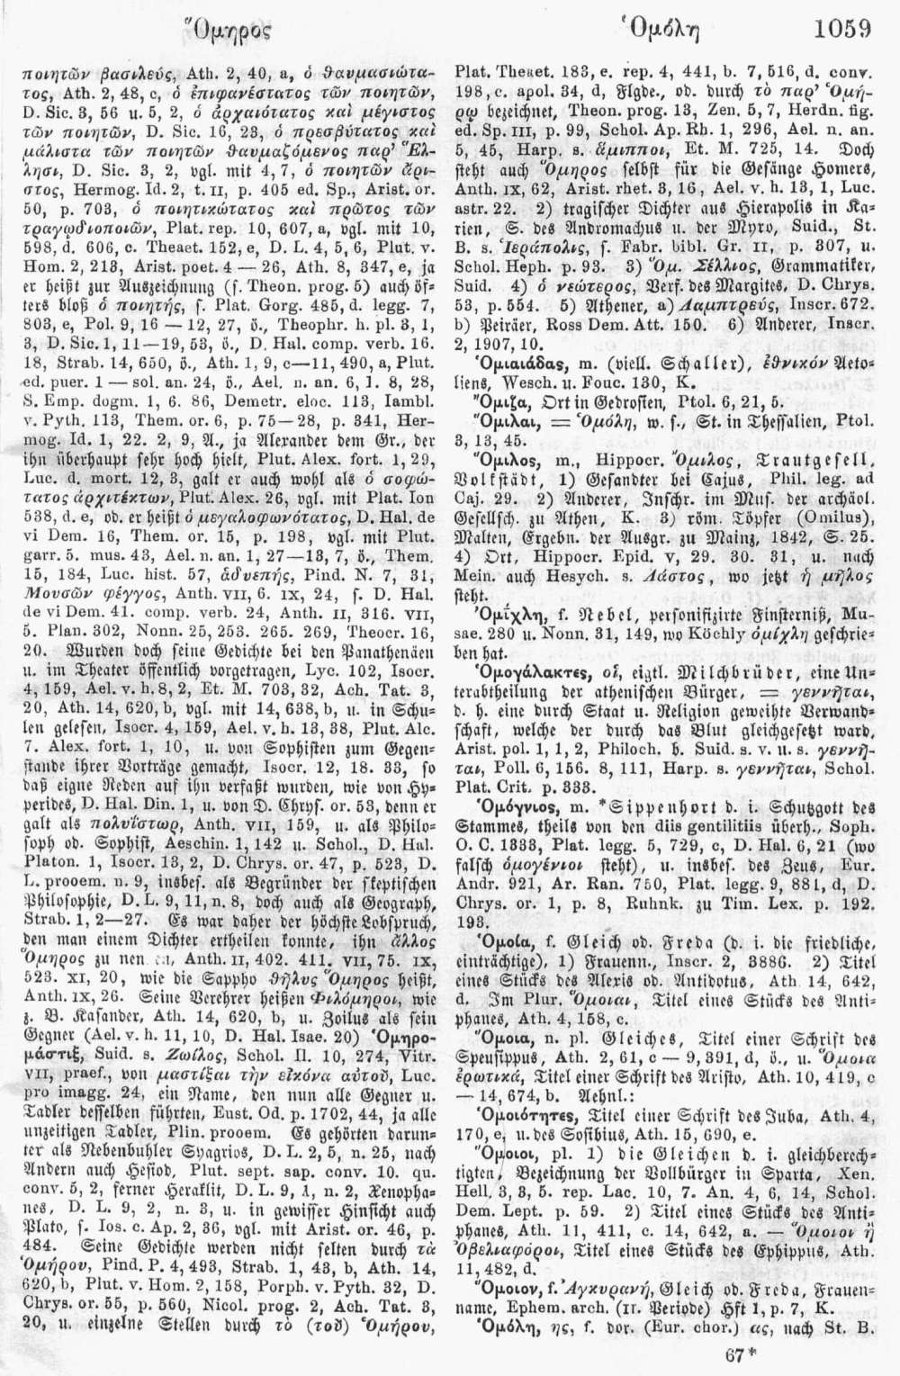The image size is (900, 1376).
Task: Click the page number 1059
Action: [841, 28]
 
